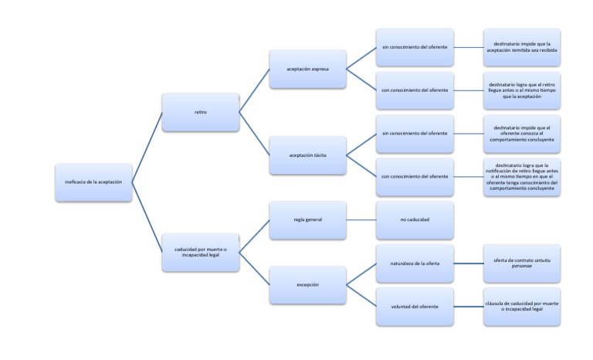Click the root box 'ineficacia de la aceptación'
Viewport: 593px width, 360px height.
tap(93, 182)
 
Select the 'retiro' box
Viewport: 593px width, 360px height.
tap(200, 113)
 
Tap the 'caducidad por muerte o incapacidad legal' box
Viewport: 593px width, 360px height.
tap(200, 252)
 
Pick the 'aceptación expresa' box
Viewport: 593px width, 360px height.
tap(307, 69)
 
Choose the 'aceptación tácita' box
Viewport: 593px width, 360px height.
tap(307, 155)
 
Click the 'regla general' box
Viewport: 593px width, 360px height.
tap(307, 220)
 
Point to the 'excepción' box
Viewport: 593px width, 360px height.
tap(307, 284)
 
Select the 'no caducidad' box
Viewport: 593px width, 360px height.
tap(415, 220)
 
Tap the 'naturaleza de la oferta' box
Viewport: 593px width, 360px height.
tap(415, 264)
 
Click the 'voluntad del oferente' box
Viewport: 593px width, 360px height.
tap(415, 307)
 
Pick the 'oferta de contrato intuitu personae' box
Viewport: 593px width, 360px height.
tap(521, 264)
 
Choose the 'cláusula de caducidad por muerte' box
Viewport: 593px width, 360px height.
tap(521, 307)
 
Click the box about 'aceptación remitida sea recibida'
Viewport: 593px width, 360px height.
tap(521, 48)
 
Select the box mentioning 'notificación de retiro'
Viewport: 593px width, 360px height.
tap(521, 178)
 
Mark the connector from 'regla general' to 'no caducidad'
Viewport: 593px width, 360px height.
tap(361, 220)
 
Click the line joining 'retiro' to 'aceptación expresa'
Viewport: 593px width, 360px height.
tap(254, 91)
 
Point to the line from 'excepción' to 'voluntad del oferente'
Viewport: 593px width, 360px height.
tap(361, 296)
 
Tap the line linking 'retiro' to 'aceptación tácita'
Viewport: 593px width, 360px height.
tap(254, 134)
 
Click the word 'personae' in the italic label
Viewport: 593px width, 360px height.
tap(522, 267)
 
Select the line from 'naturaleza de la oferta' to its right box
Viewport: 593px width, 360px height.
tap(468, 264)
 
